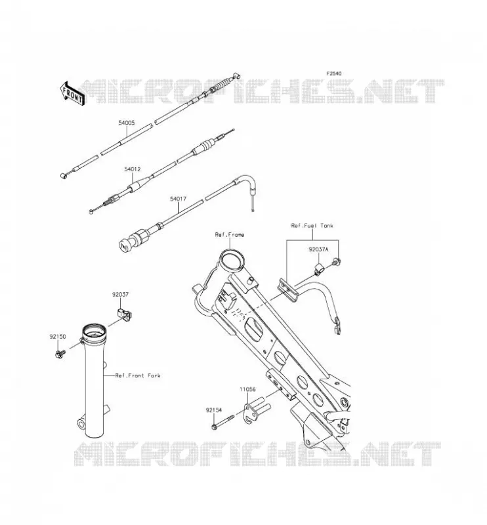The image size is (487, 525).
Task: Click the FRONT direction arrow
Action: point(72,93)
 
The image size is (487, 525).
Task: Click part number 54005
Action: point(126,123)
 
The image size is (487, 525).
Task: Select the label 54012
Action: point(133,169)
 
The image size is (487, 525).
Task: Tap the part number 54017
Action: point(178,199)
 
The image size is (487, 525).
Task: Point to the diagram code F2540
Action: point(334,73)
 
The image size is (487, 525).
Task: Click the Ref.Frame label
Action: point(230,235)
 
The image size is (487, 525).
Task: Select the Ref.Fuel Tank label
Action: point(312,226)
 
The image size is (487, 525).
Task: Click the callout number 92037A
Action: point(318,249)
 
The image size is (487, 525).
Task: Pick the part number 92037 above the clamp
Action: point(120,295)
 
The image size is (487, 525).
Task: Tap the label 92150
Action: point(58,337)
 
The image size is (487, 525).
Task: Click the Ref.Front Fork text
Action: point(138,375)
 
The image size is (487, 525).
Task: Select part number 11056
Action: point(247,389)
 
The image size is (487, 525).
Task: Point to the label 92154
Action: point(214,409)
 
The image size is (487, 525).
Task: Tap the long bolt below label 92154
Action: point(223,421)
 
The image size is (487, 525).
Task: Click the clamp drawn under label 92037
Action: point(124,315)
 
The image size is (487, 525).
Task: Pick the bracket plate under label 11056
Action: point(257,411)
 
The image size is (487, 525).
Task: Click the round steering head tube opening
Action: point(231,260)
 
